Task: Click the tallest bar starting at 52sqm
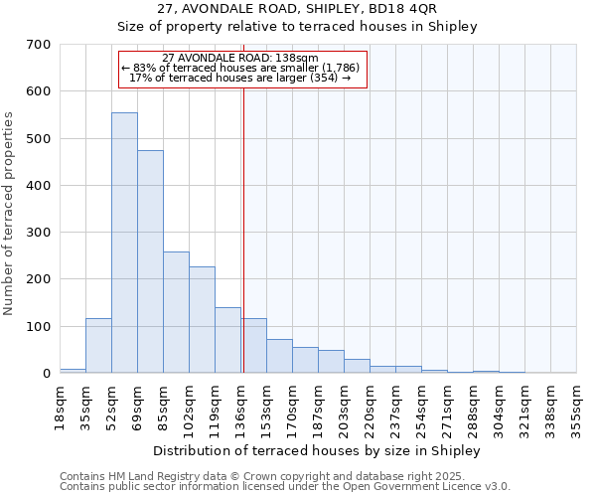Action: point(124,243)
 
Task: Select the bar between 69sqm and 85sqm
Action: point(150,261)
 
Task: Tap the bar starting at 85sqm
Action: point(176,312)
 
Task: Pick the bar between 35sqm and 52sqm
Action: point(98,346)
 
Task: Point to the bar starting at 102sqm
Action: point(202,320)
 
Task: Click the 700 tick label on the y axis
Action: point(39,45)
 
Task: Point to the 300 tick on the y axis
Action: point(39,233)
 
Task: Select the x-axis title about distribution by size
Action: point(318,450)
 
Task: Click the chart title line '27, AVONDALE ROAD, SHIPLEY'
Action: point(298,10)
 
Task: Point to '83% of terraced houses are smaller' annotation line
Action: point(245,68)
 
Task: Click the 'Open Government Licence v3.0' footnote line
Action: point(285,486)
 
